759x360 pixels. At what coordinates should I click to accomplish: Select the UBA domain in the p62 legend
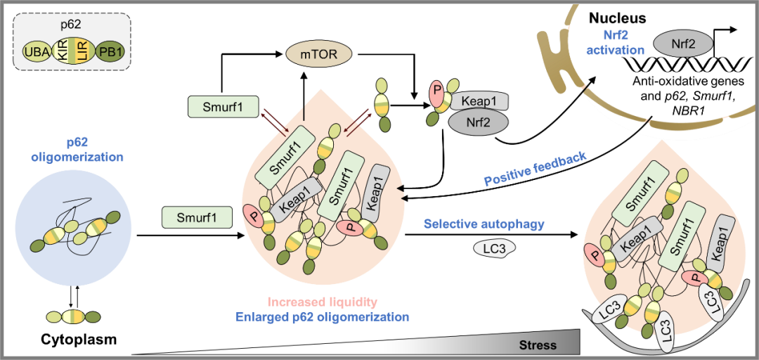(x=33, y=53)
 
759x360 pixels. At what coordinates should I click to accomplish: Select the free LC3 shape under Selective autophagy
(x=495, y=248)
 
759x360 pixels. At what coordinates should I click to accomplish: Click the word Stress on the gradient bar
(x=538, y=345)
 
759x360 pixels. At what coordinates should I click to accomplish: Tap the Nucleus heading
(x=617, y=19)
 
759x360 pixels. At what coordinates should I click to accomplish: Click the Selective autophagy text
(x=484, y=224)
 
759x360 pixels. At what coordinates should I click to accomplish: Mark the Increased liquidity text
(x=322, y=302)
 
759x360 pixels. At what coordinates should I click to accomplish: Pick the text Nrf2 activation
(x=616, y=44)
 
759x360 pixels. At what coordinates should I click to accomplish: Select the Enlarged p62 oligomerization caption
(x=322, y=317)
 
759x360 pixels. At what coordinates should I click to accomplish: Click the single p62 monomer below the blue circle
(x=73, y=317)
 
